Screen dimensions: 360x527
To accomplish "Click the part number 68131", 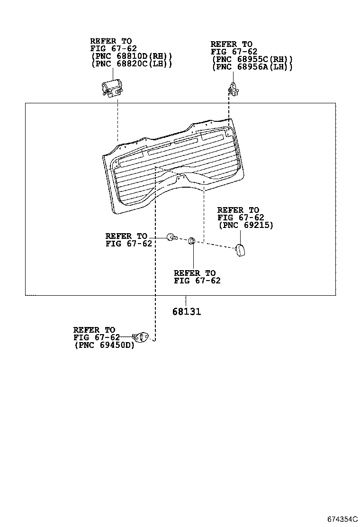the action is click(186, 312).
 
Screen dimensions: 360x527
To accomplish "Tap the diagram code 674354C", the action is click(342, 519).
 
